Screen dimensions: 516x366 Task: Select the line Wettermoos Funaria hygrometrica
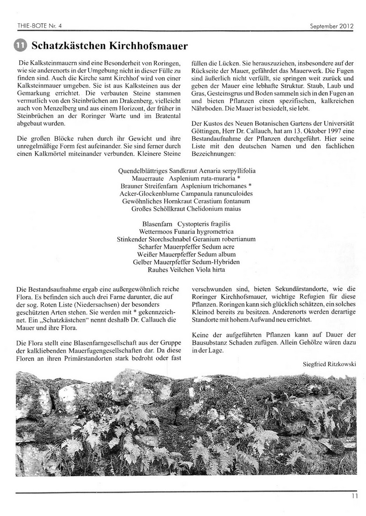point(186,232)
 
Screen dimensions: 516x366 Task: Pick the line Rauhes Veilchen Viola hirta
point(186,270)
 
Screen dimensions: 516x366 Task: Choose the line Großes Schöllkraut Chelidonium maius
point(186,209)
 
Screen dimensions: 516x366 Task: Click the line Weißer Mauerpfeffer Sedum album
point(186,254)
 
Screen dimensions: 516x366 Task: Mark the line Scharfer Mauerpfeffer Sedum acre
point(186,247)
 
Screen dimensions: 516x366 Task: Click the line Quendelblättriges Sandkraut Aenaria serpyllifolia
point(186,170)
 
